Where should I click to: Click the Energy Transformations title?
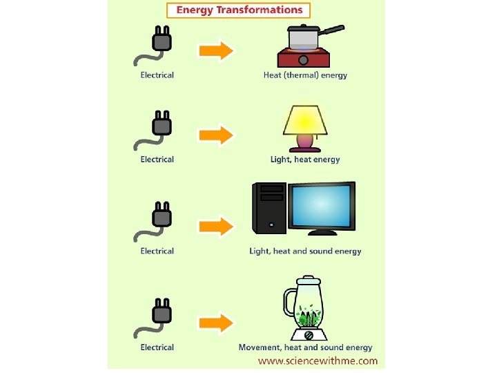click(x=239, y=10)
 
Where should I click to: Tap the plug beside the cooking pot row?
click(x=161, y=41)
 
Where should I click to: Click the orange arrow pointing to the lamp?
click(x=216, y=135)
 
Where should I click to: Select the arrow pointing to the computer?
click(x=216, y=226)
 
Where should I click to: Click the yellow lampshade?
click(x=305, y=120)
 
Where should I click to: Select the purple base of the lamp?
click(x=304, y=143)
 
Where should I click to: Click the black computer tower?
click(x=269, y=207)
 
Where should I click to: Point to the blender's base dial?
click(x=309, y=335)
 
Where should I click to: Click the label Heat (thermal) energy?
click(x=305, y=75)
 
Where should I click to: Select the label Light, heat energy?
click(x=305, y=160)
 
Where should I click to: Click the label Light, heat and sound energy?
click(x=305, y=251)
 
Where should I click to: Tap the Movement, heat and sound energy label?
click(x=305, y=347)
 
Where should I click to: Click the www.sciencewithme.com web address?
click(x=318, y=361)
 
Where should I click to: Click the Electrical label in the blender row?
click(x=157, y=347)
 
